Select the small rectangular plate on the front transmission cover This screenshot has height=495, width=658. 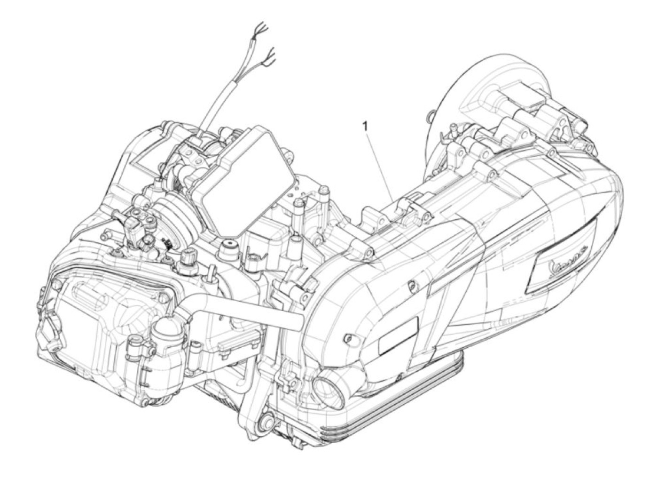tap(398, 334)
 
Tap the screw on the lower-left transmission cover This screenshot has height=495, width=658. tap(348, 338)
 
